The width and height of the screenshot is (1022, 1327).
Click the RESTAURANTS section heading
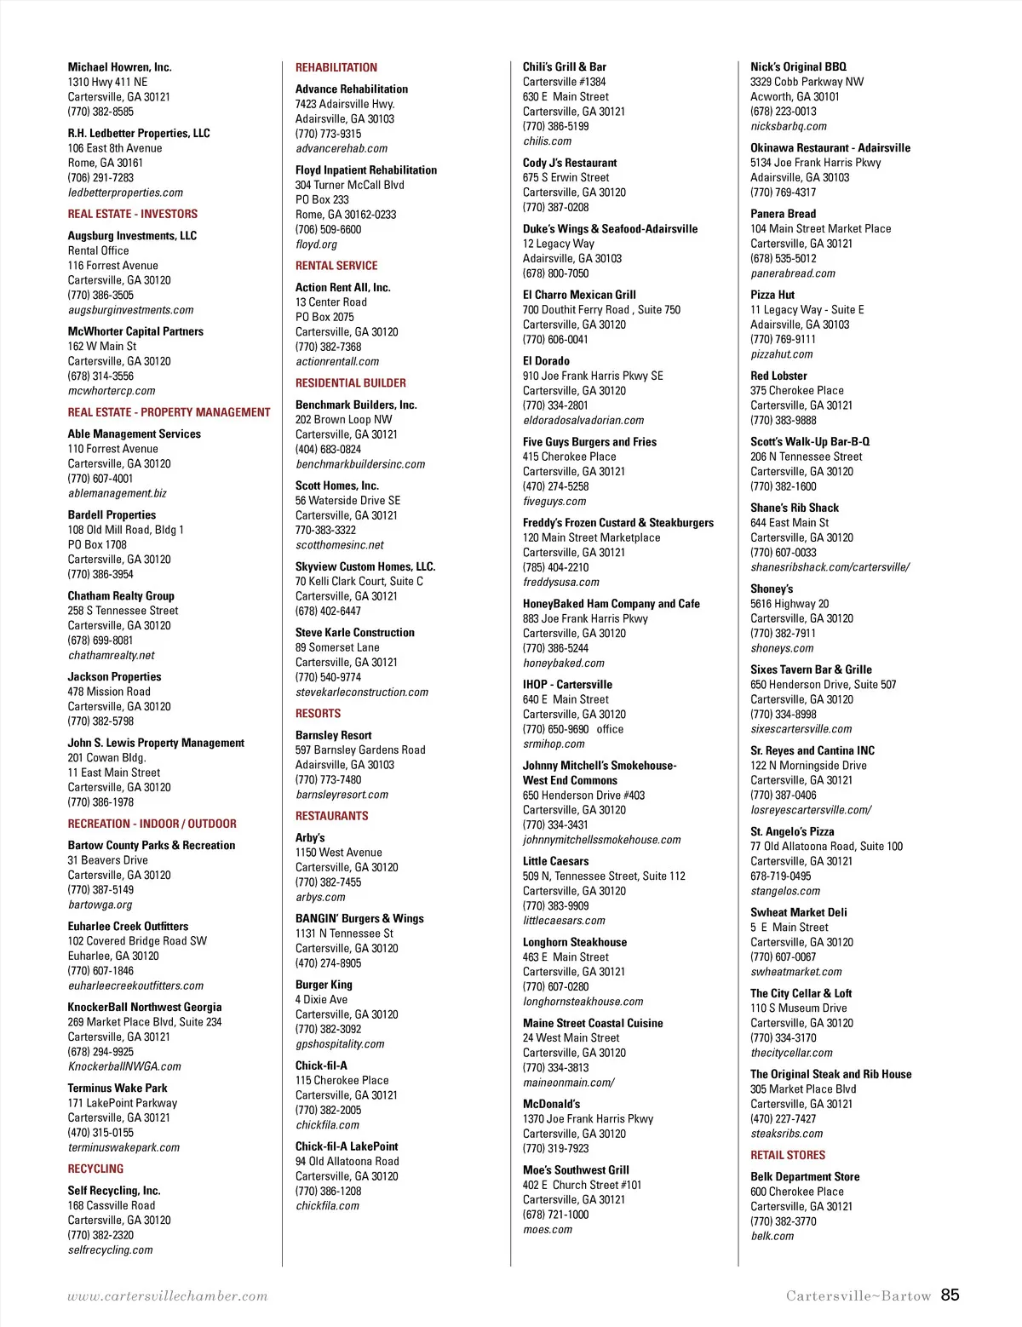point(331,816)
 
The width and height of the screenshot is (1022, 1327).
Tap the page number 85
point(950,1295)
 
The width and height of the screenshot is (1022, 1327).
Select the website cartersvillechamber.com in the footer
point(167,1296)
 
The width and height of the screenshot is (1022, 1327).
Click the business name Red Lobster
point(778,376)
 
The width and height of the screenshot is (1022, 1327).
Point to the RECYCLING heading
point(95,1169)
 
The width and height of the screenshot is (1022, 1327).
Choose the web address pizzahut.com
point(781,354)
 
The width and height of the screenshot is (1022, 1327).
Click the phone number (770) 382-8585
point(100,112)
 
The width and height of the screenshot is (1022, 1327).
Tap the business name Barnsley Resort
point(333,735)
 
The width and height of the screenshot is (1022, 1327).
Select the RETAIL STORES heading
point(787,1155)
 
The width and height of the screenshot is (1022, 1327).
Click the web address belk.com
point(772,1236)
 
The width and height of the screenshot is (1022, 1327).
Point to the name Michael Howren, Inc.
point(119,67)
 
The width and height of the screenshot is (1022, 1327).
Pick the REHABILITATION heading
point(336,67)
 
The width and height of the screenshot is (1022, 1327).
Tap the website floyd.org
point(316,244)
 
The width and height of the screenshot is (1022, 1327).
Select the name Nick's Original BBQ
point(798,66)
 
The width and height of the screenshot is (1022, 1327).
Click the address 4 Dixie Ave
point(321,999)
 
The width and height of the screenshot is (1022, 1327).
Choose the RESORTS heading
point(318,714)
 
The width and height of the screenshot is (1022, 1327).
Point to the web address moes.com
point(547,1230)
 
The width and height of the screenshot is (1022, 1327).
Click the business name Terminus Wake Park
point(118,1088)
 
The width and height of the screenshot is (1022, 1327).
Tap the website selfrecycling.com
point(110,1250)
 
